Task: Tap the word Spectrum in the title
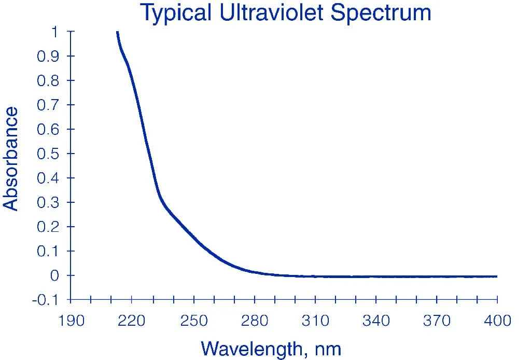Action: tap(381, 13)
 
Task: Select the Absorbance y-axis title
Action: tap(10, 159)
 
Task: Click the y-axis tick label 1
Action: tap(54, 32)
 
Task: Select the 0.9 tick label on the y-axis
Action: tap(48, 56)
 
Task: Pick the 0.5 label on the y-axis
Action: tap(48, 154)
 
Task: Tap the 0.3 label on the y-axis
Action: tap(48, 202)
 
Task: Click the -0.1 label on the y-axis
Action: tap(46, 300)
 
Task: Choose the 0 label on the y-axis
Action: tap(55, 275)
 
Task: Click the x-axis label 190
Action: tap(71, 321)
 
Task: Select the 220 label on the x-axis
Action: tap(131, 321)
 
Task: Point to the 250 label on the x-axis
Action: tap(194, 321)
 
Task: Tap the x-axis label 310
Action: tap(315, 321)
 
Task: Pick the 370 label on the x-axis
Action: tap(437, 321)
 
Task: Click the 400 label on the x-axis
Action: tap(497, 321)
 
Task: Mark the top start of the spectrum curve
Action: tap(117, 32)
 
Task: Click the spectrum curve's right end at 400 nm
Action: tap(497, 276)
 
